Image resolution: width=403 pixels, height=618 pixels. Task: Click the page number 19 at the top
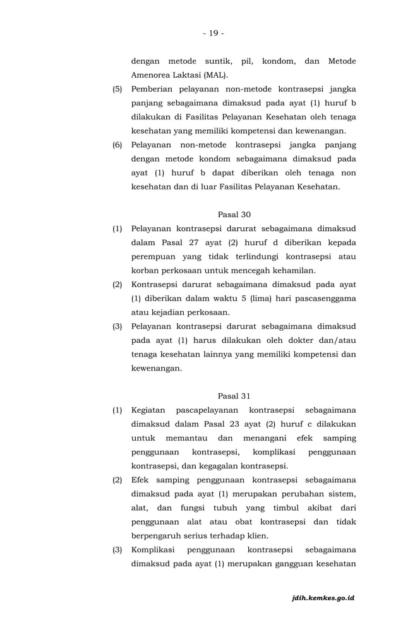click(214, 33)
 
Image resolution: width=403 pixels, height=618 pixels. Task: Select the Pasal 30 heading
click(234, 215)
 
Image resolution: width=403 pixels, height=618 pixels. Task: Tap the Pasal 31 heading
click(234, 396)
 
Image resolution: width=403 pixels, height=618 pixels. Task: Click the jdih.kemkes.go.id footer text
click(323, 597)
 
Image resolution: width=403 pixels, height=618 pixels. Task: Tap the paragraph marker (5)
click(117, 89)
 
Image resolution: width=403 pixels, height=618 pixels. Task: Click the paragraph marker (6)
click(117, 145)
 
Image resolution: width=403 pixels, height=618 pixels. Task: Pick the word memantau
click(186, 438)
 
